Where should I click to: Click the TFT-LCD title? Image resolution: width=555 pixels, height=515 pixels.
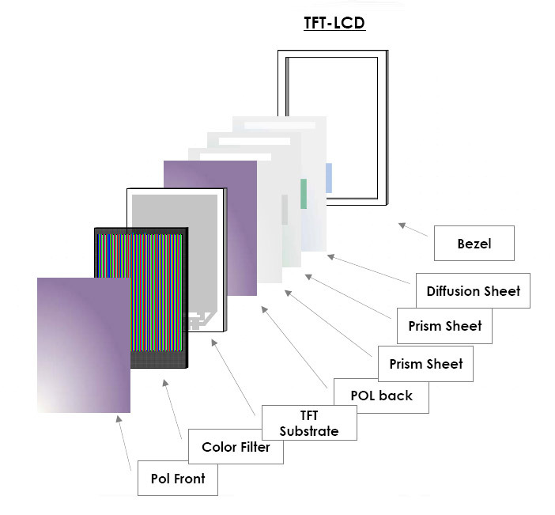click(334, 22)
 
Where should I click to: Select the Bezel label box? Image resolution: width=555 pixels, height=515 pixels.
click(474, 243)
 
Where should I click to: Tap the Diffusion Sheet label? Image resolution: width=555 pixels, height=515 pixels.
click(473, 291)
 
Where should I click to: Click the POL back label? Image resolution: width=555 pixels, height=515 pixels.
click(383, 395)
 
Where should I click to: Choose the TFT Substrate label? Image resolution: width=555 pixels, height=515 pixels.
click(308, 423)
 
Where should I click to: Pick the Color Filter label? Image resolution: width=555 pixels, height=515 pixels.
click(236, 448)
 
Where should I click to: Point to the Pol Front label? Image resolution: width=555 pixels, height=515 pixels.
click(177, 478)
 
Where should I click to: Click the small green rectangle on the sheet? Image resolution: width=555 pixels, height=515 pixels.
click(303, 193)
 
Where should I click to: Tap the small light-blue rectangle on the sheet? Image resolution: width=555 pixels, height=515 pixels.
click(329, 178)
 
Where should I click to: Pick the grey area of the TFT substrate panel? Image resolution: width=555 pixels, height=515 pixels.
click(176, 253)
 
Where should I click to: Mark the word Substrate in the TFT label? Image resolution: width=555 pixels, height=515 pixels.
click(308, 431)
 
